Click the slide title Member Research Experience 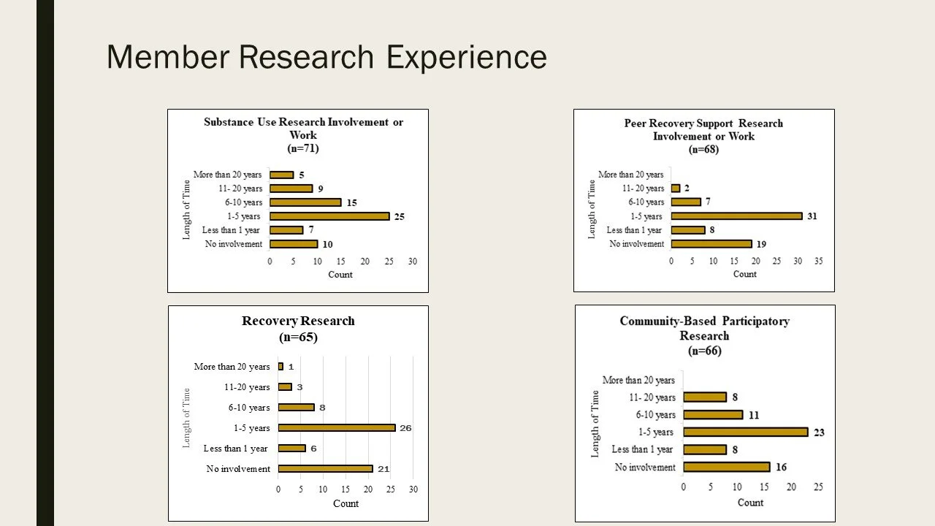coord(327,57)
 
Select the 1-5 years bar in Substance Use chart coord(329,216)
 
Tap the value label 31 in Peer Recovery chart coord(812,216)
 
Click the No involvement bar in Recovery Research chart coord(325,469)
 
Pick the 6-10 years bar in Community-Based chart coord(713,415)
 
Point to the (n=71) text coord(303,148)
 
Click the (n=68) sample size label coord(703,150)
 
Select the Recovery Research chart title coord(298,321)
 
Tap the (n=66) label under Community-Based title coord(704,351)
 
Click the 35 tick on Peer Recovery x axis coord(818,261)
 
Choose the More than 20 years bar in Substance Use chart coord(282,175)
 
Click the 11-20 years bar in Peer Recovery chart coord(676,188)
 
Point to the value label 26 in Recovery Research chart coord(405,428)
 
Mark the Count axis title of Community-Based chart coord(750,503)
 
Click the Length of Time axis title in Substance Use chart coord(186,210)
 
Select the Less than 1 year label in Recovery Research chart coord(235,449)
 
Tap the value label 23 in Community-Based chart coord(819,432)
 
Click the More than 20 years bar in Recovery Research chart coord(280,367)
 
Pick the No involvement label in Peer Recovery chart coord(637,244)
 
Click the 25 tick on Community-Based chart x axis coord(818,487)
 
